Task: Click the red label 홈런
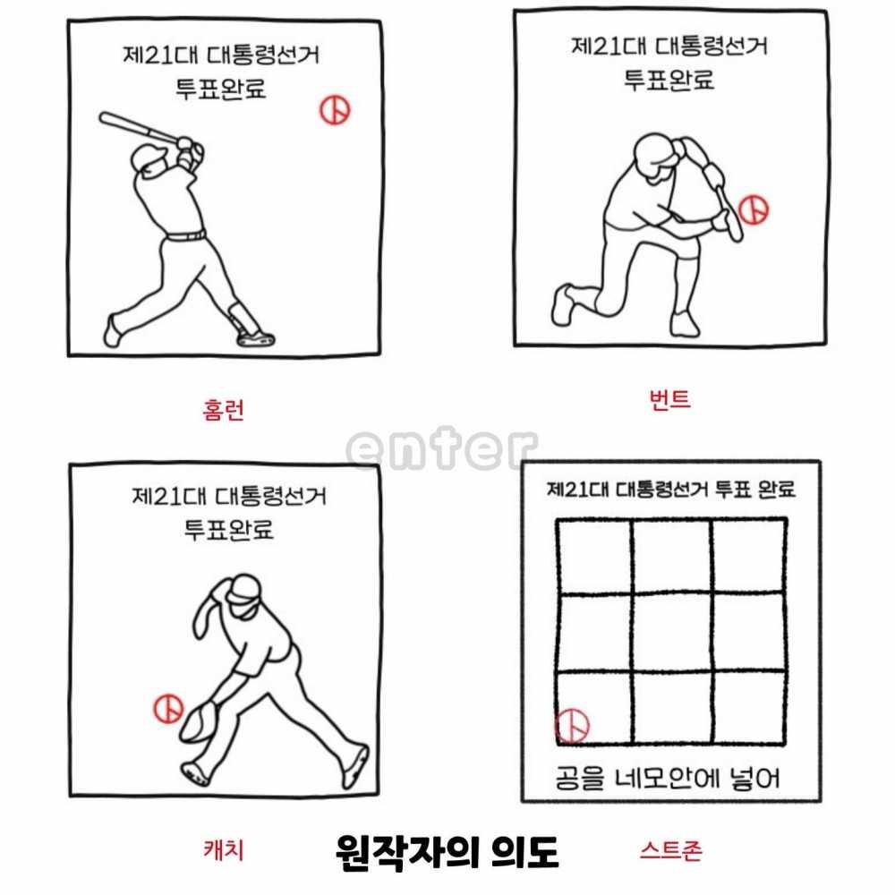[223, 410]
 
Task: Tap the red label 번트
[670, 399]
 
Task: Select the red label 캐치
[224, 849]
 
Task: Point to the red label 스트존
[670, 850]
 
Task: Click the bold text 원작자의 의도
[447, 853]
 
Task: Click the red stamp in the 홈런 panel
[335, 109]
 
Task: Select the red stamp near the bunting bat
[754, 209]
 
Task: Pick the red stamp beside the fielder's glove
[168, 709]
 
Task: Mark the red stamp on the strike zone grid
[572, 726]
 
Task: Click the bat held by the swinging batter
[140, 127]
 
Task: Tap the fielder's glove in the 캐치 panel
[200, 721]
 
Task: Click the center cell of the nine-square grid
[672, 632]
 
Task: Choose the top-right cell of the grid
[749, 556]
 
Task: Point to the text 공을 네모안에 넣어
[668, 778]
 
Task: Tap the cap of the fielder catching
[244, 589]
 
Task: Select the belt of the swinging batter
[186, 235]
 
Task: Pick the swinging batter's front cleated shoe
[256, 339]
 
